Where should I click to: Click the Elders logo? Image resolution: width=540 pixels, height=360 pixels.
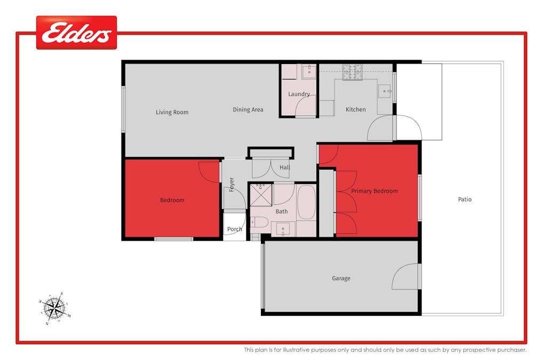tap(76, 33)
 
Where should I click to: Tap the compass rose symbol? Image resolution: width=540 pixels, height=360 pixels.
tap(54, 308)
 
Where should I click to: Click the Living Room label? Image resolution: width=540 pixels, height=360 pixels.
tap(172, 113)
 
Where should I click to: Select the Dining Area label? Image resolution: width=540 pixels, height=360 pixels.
tap(248, 110)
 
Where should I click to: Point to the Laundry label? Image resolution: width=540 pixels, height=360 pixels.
tap(299, 94)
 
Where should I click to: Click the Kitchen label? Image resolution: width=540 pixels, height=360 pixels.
tap(355, 110)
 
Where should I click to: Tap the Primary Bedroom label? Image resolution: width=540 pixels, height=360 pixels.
tap(374, 191)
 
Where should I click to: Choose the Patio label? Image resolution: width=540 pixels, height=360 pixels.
tap(465, 199)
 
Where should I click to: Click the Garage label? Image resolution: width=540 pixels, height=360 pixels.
tap(341, 278)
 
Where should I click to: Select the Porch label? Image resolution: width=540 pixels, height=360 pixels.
tap(234, 229)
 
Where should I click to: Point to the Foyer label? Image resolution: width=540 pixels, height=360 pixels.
tap(232, 185)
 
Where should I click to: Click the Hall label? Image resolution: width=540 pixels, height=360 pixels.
tap(284, 167)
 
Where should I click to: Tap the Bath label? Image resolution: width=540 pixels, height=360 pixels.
tap(281, 212)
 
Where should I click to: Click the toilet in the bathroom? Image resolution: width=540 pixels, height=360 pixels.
tap(257, 223)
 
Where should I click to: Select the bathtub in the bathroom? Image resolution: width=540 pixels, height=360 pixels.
tap(306, 202)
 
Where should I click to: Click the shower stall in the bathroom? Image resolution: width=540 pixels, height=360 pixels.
tap(261, 195)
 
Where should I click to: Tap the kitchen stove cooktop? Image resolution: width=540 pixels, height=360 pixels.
tap(352, 72)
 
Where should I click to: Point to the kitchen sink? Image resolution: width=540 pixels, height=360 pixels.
tap(385, 92)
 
